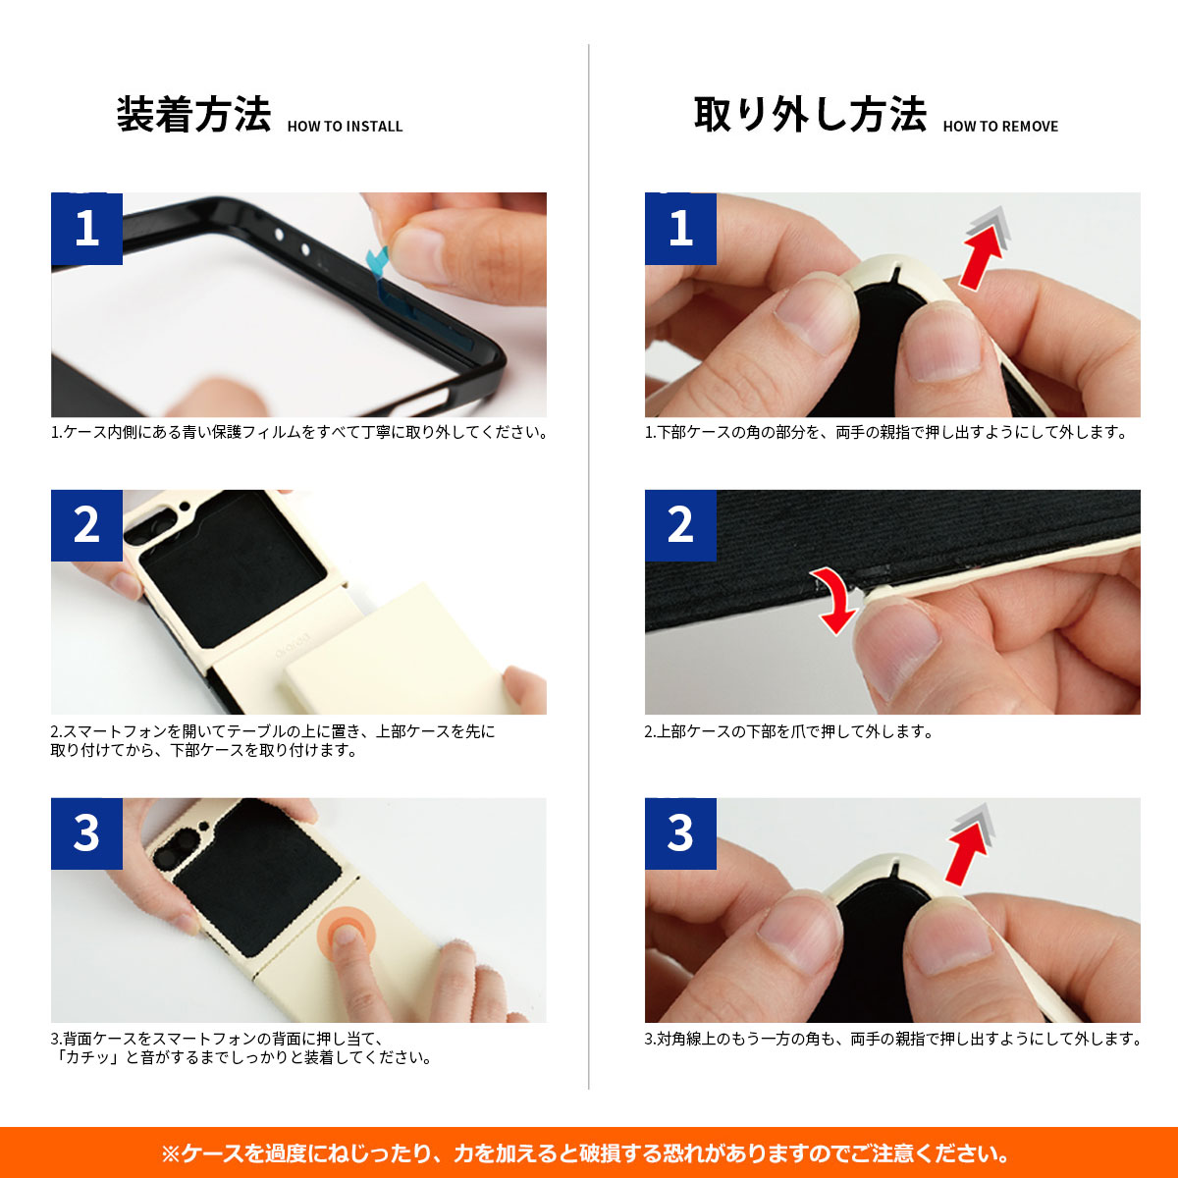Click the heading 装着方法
click(x=193, y=115)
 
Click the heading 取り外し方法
click(x=810, y=115)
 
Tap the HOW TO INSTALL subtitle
click(x=345, y=127)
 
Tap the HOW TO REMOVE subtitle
click(x=1000, y=127)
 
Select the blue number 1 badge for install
click(x=86, y=228)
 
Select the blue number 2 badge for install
click(x=86, y=525)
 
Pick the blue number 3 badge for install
click(x=86, y=833)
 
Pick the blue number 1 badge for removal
click(x=680, y=228)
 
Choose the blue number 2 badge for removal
click(x=680, y=525)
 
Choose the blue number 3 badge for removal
click(x=680, y=833)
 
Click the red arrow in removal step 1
click(x=982, y=253)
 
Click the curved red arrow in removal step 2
click(x=834, y=599)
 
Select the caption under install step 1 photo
click(x=299, y=432)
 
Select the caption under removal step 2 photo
click(x=788, y=731)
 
